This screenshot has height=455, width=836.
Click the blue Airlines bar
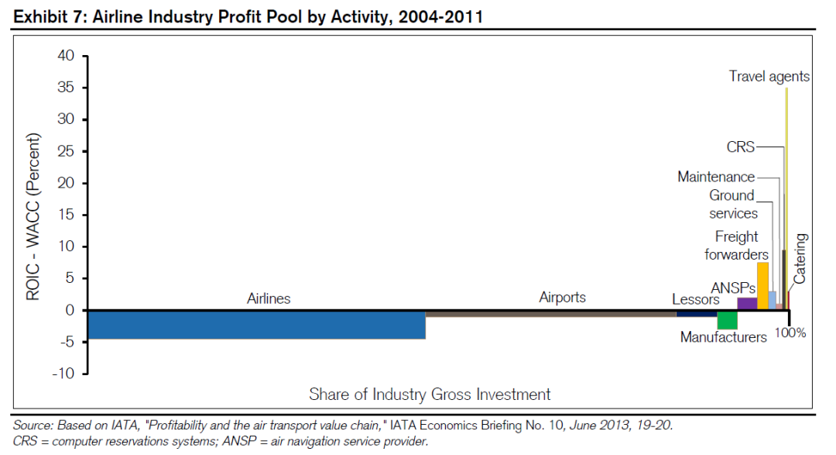tap(256, 325)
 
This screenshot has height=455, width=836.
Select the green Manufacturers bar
tap(727, 320)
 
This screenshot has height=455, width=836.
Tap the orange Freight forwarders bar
tap(762, 286)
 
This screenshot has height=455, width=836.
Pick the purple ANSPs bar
tap(747, 303)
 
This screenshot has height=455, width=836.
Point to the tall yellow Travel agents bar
tap(786, 194)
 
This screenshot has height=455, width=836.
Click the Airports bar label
tap(562, 298)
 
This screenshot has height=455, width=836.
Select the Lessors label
tap(695, 299)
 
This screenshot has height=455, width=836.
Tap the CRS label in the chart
tap(740, 147)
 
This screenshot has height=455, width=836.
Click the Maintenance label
tap(716, 177)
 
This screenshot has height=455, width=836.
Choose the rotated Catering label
tap(800, 258)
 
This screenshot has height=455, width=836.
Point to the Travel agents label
tap(769, 76)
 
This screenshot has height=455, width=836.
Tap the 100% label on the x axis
tap(791, 333)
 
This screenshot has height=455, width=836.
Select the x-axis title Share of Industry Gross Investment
tap(430, 394)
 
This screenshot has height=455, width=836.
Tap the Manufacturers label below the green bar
tap(723, 337)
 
